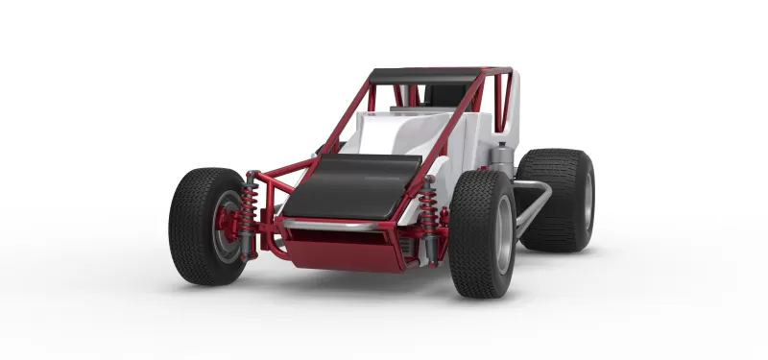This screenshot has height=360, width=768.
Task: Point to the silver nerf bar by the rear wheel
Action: coord(534,202)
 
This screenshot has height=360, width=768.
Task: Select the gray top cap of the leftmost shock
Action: coord(252,178)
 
